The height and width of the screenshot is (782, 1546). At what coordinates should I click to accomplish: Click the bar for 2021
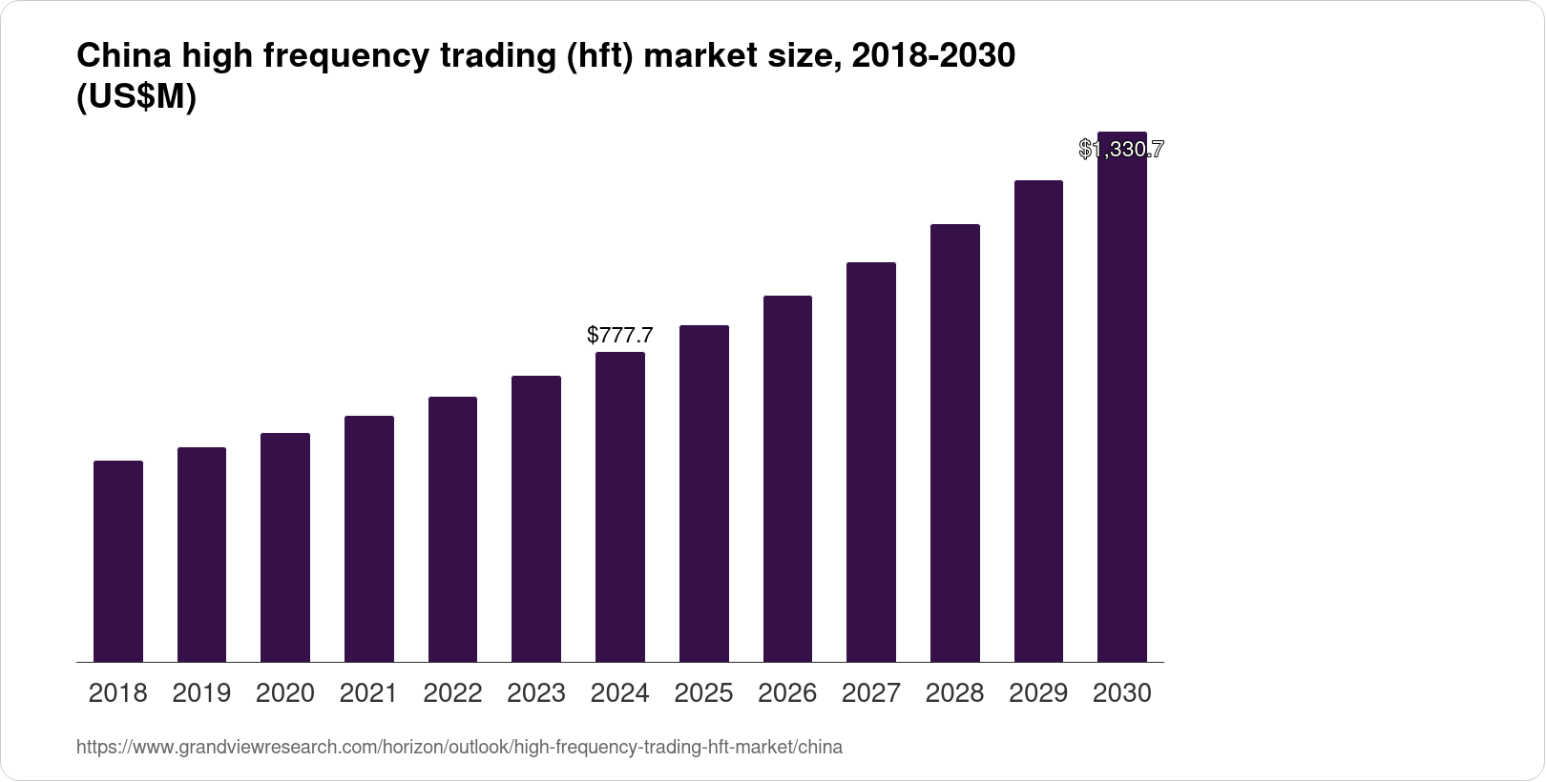point(369,539)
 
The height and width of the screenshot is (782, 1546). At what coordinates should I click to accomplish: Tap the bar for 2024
point(620,506)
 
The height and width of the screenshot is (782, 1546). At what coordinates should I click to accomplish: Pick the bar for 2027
point(871,462)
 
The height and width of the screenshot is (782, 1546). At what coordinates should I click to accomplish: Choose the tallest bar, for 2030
point(1122,401)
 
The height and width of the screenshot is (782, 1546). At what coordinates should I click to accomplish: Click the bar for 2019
point(201,554)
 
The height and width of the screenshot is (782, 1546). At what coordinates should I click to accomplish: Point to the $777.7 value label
point(620,335)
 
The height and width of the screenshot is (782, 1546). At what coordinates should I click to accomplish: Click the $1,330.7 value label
point(1121,149)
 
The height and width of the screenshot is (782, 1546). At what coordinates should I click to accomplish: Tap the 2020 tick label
point(285,693)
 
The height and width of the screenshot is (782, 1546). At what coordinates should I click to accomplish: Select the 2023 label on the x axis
point(536,693)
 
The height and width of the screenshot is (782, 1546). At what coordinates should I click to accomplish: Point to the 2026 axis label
point(787,693)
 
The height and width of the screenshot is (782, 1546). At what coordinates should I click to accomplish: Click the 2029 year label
point(1038,693)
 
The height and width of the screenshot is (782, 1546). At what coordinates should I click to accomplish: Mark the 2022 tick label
point(452,693)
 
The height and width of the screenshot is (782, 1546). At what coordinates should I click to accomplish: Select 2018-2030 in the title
point(932,56)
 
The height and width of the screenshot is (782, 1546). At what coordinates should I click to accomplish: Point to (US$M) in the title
point(136,97)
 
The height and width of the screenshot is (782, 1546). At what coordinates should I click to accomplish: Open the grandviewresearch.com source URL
point(459,747)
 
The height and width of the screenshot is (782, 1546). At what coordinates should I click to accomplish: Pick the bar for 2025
point(704,493)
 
